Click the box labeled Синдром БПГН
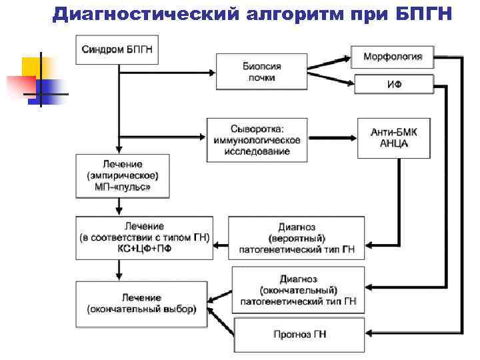pyautogui.click(x=120, y=49)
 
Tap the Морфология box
pyautogui.click(x=392, y=57)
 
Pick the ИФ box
pyautogui.click(x=394, y=85)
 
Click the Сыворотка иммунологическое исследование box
pyautogui.click(x=257, y=140)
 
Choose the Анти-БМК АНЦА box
pyautogui.click(x=393, y=138)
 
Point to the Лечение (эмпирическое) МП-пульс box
pyautogui.click(x=123, y=176)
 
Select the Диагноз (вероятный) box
pyautogui.click(x=297, y=238)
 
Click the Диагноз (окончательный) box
pyautogui.click(x=298, y=290)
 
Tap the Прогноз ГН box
pyautogui.click(x=299, y=335)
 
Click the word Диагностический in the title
pyautogui.click(x=133, y=13)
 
